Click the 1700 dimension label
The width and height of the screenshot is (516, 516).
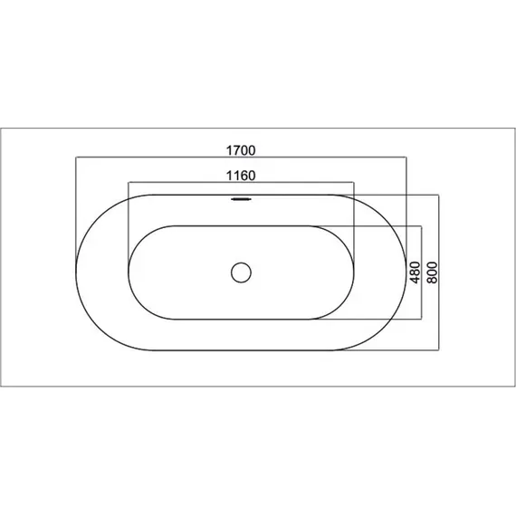tap(241, 150)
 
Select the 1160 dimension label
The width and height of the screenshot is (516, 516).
tap(241, 176)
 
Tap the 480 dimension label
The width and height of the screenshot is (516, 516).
tap(416, 272)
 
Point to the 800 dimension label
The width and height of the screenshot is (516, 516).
tap(432, 272)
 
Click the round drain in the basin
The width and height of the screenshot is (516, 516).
tap(241, 272)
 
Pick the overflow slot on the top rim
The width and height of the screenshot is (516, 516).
tap(241, 199)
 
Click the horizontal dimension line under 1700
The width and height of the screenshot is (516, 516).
tap(241, 158)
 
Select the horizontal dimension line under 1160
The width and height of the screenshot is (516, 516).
tap(241, 182)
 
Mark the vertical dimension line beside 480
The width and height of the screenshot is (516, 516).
tap(422, 272)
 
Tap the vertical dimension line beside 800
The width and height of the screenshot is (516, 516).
tap(439, 272)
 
